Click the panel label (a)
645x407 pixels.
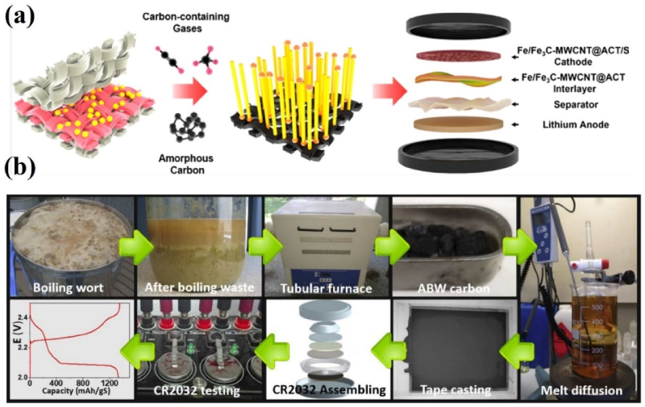(21, 16)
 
